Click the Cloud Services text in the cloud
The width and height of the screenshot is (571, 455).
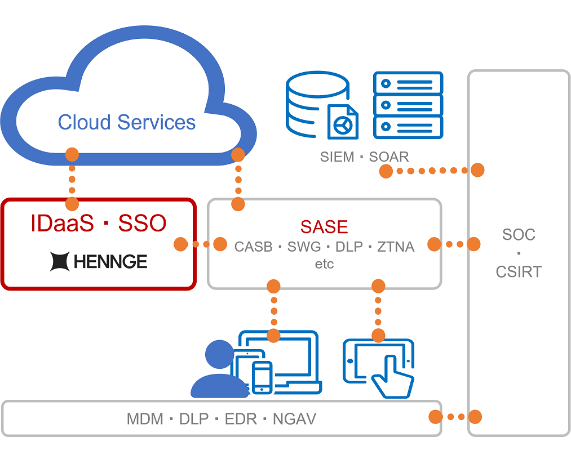coord(127,122)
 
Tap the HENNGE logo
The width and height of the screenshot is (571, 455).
coord(99,261)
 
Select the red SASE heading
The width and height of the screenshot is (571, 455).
coord(324,226)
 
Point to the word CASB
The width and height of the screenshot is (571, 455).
coord(254,246)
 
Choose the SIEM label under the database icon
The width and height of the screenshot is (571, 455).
coord(337,157)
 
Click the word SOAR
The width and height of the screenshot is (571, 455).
coord(389,157)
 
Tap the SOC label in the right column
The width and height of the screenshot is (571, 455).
coord(519,234)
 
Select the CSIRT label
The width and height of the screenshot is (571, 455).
coord(519,271)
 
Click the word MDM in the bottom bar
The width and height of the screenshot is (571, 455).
coord(145,419)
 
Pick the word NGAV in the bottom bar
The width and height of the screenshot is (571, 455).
coord(294,419)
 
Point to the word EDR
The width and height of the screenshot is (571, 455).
coord(241,419)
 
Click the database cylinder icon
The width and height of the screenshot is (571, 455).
coord(316,104)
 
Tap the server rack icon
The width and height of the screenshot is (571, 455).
coord(409,105)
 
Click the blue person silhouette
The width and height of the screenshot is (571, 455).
coord(217,372)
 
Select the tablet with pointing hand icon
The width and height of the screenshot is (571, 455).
coord(379,367)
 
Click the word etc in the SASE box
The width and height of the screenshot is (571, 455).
coord(324,264)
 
